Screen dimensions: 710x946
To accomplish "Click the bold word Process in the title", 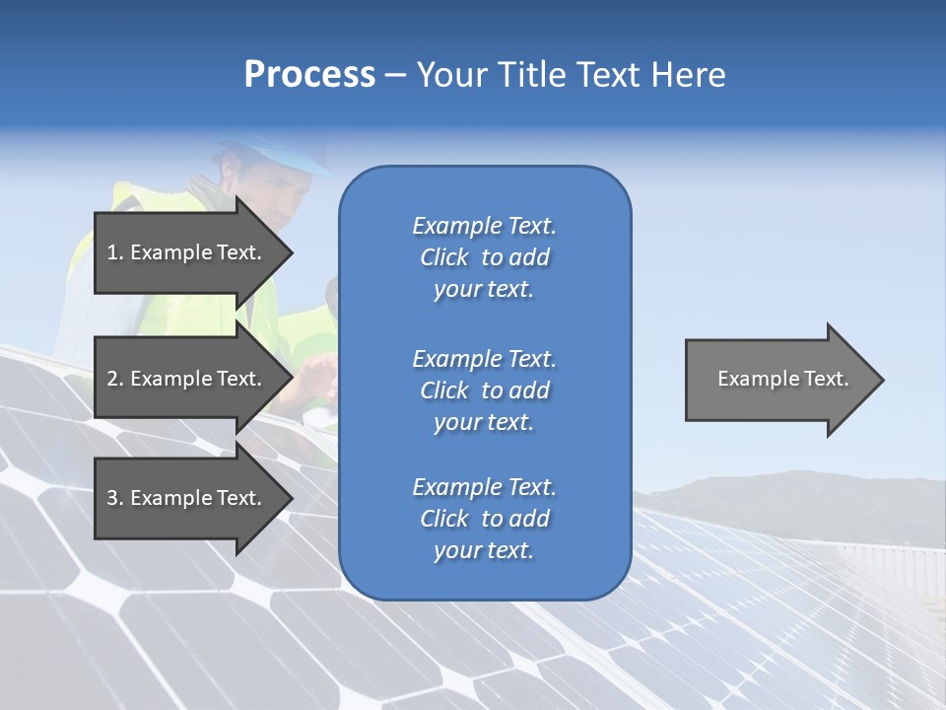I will point(309,75).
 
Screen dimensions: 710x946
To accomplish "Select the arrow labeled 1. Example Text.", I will point(187,252).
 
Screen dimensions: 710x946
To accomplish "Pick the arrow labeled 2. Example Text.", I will point(187,379).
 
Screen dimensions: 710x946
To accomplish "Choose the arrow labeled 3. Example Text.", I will point(187,498).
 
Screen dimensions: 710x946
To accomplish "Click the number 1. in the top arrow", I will point(114,252).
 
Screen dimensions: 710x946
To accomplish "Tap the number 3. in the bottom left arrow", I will point(114,498).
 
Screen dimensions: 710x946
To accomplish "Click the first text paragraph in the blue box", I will point(484,257).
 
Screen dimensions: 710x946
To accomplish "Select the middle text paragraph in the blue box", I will point(484,390).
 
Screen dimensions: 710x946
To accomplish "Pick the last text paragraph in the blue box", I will point(484,519).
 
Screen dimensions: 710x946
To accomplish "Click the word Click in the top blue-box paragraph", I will point(444,257).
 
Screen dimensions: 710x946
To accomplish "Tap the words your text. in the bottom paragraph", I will point(484,550).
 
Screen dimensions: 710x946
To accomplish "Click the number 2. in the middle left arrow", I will point(114,379).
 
